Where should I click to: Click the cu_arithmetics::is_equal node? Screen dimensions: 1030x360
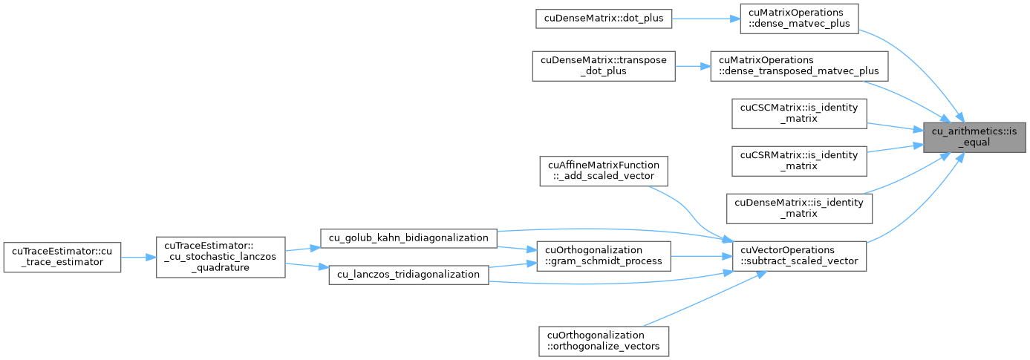974,137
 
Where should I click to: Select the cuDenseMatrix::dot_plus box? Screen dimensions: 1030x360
603,19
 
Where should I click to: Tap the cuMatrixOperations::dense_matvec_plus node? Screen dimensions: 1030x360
799,19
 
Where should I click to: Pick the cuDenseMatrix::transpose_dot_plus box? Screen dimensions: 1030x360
604,66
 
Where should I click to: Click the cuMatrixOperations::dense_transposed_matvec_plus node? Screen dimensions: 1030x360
799,66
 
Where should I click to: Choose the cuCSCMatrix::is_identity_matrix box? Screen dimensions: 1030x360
799,114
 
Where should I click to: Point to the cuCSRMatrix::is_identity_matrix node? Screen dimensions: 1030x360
799,161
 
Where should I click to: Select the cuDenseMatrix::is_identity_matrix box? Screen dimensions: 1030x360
799,209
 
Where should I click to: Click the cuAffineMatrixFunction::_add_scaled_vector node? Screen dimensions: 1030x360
604,171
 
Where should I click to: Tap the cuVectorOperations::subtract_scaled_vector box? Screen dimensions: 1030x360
799,256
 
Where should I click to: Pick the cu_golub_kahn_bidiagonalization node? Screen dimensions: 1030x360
408,238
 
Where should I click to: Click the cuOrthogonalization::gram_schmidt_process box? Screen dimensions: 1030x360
604,256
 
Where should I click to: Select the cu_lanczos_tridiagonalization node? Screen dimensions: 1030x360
408,275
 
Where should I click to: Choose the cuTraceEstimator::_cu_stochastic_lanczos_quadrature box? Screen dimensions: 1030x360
221,257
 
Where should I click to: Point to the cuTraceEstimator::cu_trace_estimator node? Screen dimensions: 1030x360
62,257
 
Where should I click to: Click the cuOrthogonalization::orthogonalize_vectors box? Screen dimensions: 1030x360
604,341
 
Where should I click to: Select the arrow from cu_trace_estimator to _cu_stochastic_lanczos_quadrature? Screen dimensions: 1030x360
138,258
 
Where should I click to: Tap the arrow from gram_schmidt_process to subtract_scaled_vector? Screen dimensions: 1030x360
702,256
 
